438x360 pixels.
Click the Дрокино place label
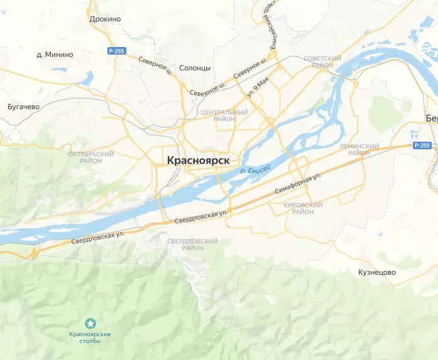coord(105,19)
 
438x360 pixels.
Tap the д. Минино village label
coord(55,55)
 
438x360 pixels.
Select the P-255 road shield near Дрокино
coord(114,51)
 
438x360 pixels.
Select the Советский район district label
coord(322,62)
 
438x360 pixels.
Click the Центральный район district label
coord(224,115)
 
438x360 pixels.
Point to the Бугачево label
coord(23,106)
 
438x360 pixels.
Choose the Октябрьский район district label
coord(91,157)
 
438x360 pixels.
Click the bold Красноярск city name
coord(198,161)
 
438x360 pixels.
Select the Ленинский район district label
coord(359,149)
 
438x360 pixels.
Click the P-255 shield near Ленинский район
coord(422,146)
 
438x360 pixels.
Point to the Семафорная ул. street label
coord(298,184)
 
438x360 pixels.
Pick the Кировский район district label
coord(303,208)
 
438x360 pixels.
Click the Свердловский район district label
coord(194,244)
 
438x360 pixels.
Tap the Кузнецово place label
coord(376,272)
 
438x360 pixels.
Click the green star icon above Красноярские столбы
coord(90,322)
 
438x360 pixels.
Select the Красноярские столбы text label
coord(90,337)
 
